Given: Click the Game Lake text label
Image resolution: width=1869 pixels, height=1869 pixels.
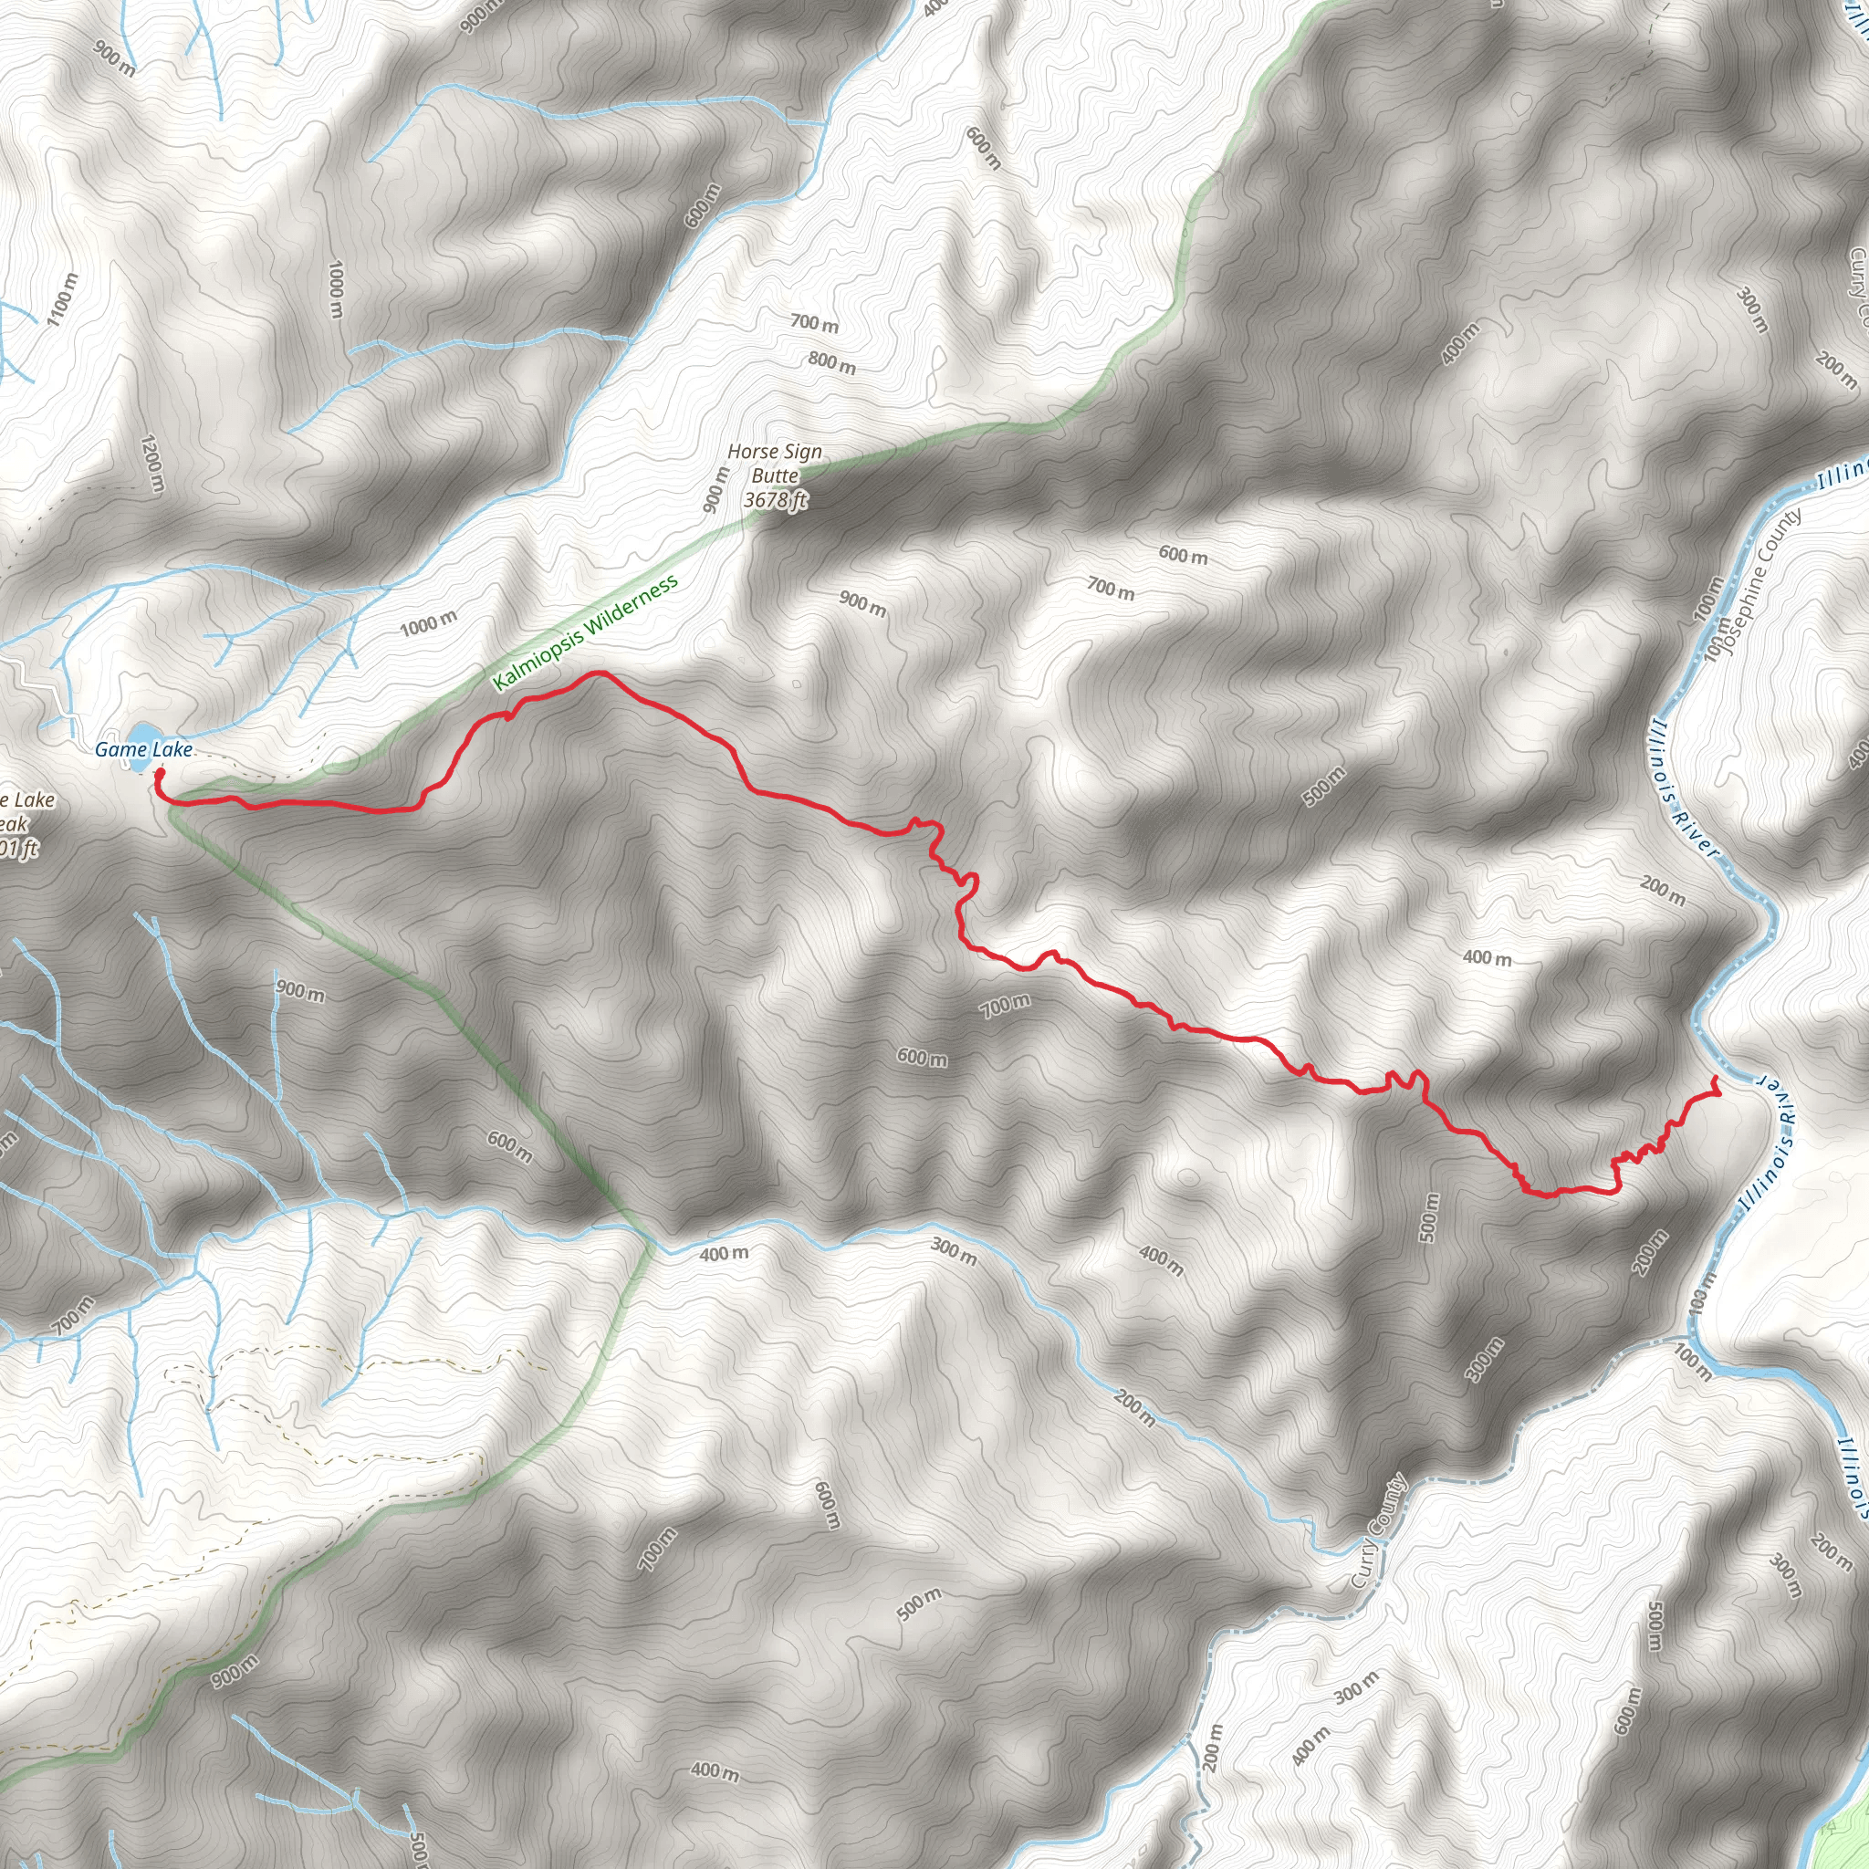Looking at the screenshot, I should tap(143, 750).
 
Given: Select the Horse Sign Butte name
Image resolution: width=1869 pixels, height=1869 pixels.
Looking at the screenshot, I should tap(775, 464).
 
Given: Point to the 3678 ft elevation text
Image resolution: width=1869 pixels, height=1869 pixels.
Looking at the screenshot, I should tap(775, 499).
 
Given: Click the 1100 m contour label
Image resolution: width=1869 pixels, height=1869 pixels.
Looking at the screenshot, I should tap(61, 298).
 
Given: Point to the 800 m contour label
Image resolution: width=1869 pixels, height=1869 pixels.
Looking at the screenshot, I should tap(832, 363).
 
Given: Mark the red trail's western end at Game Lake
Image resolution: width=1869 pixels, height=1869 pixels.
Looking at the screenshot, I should tap(159, 773).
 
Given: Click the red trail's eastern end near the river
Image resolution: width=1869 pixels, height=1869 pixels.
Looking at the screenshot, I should tap(1717, 1079).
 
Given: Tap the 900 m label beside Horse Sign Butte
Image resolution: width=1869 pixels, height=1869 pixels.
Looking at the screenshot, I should tap(715, 489).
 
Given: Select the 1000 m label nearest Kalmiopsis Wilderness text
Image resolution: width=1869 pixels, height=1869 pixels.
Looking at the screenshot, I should tap(429, 624).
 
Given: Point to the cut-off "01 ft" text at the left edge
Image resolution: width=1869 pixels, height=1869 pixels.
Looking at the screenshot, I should tap(19, 850).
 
